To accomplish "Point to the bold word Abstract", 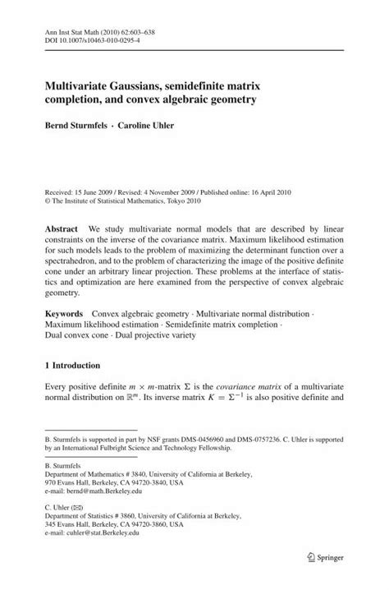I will pyautogui.click(x=65, y=228).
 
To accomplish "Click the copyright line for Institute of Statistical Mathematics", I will pyautogui.click(x=126, y=199).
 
